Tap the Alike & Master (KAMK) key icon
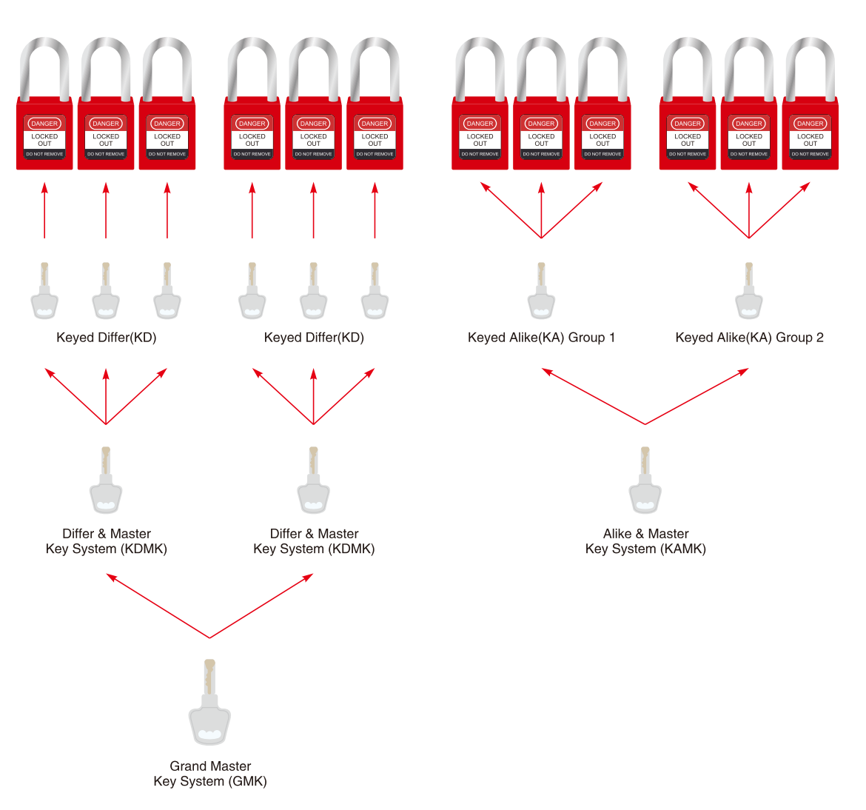(x=645, y=485)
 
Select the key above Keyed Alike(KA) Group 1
(x=541, y=295)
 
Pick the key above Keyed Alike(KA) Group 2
(x=749, y=295)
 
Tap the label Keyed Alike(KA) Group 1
(x=541, y=338)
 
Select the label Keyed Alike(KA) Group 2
(x=749, y=338)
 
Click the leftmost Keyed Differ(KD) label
(x=107, y=338)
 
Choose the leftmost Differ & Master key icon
(x=106, y=485)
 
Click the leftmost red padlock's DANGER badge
(x=44, y=124)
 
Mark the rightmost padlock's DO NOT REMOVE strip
(x=810, y=154)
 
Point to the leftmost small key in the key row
(x=44, y=295)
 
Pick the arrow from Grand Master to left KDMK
(x=158, y=606)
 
